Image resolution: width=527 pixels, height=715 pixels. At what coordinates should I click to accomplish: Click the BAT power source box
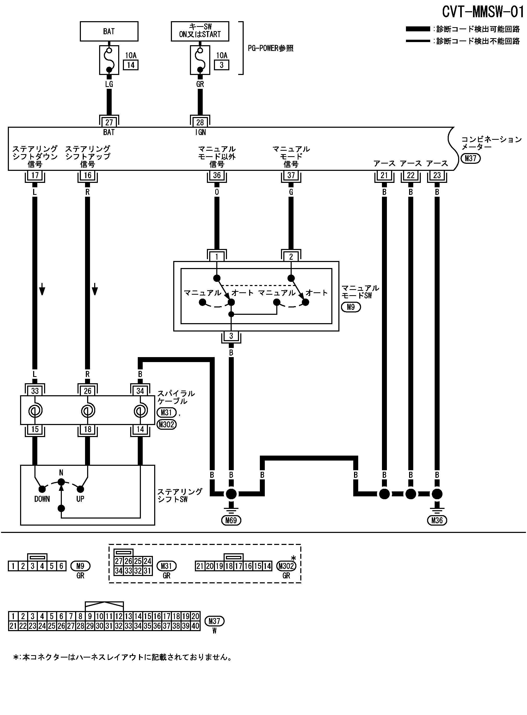pyautogui.click(x=109, y=31)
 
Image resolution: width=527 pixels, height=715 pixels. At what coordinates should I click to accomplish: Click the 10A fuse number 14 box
pyautogui.click(x=131, y=65)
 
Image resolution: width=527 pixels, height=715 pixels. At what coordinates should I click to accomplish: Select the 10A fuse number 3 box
pyautogui.click(x=221, y=65)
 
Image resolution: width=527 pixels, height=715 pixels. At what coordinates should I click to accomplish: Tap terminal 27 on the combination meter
pyautogui.click(x=109, y=122)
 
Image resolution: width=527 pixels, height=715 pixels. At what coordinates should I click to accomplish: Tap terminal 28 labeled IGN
pyautogui.click(x=200, y=122)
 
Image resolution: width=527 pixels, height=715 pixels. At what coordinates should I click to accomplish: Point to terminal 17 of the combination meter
pyautogui.click(x=35, y=175)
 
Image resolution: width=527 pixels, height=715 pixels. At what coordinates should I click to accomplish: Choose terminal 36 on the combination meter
pyautogui.click(x=217, y=175)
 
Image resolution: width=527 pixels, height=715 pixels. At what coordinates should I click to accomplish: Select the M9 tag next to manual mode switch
pyautogui.click(x=351, y=307)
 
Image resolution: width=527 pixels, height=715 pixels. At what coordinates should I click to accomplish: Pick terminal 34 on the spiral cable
pyautogui.click(x=140, y=391)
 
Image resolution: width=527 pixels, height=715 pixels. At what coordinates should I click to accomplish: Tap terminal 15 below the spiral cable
pyautogui.click(x=35, y=429)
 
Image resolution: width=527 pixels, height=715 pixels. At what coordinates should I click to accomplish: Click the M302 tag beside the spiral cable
pyautogui.click(x=166, y=425)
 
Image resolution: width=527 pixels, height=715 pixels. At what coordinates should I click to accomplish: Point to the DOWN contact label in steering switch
pyautogui.click(x=42, y=499)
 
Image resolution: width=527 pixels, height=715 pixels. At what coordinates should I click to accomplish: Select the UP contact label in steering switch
pyautogui.click(x=80, y=499)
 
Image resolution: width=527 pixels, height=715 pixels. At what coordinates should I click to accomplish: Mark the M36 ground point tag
pyautogui.click(x=437, y=521)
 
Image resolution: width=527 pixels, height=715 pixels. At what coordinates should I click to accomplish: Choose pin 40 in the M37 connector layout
pyautogui.click(x=195, y=626)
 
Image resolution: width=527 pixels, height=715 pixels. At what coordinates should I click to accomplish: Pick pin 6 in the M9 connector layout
pyautogui.click(x=61, y=566)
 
